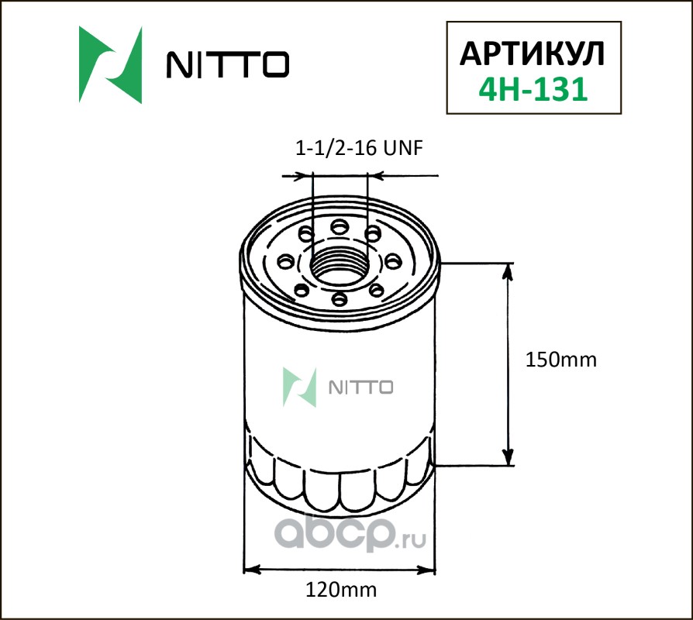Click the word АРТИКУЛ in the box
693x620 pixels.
tap(532, 54)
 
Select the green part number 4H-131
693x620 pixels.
tap(533, 89)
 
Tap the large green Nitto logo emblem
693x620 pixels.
tap(111, 65)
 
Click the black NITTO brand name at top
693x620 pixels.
tap(228, 64)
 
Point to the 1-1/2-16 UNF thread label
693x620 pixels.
tap(359, 148)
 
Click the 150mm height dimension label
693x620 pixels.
tap(561, 360)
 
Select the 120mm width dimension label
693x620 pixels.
tap(341, 590)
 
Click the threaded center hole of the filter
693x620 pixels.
tap(340, 267)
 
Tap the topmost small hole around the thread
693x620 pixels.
tap(340, 227)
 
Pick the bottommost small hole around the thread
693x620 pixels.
tap(339, 299)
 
